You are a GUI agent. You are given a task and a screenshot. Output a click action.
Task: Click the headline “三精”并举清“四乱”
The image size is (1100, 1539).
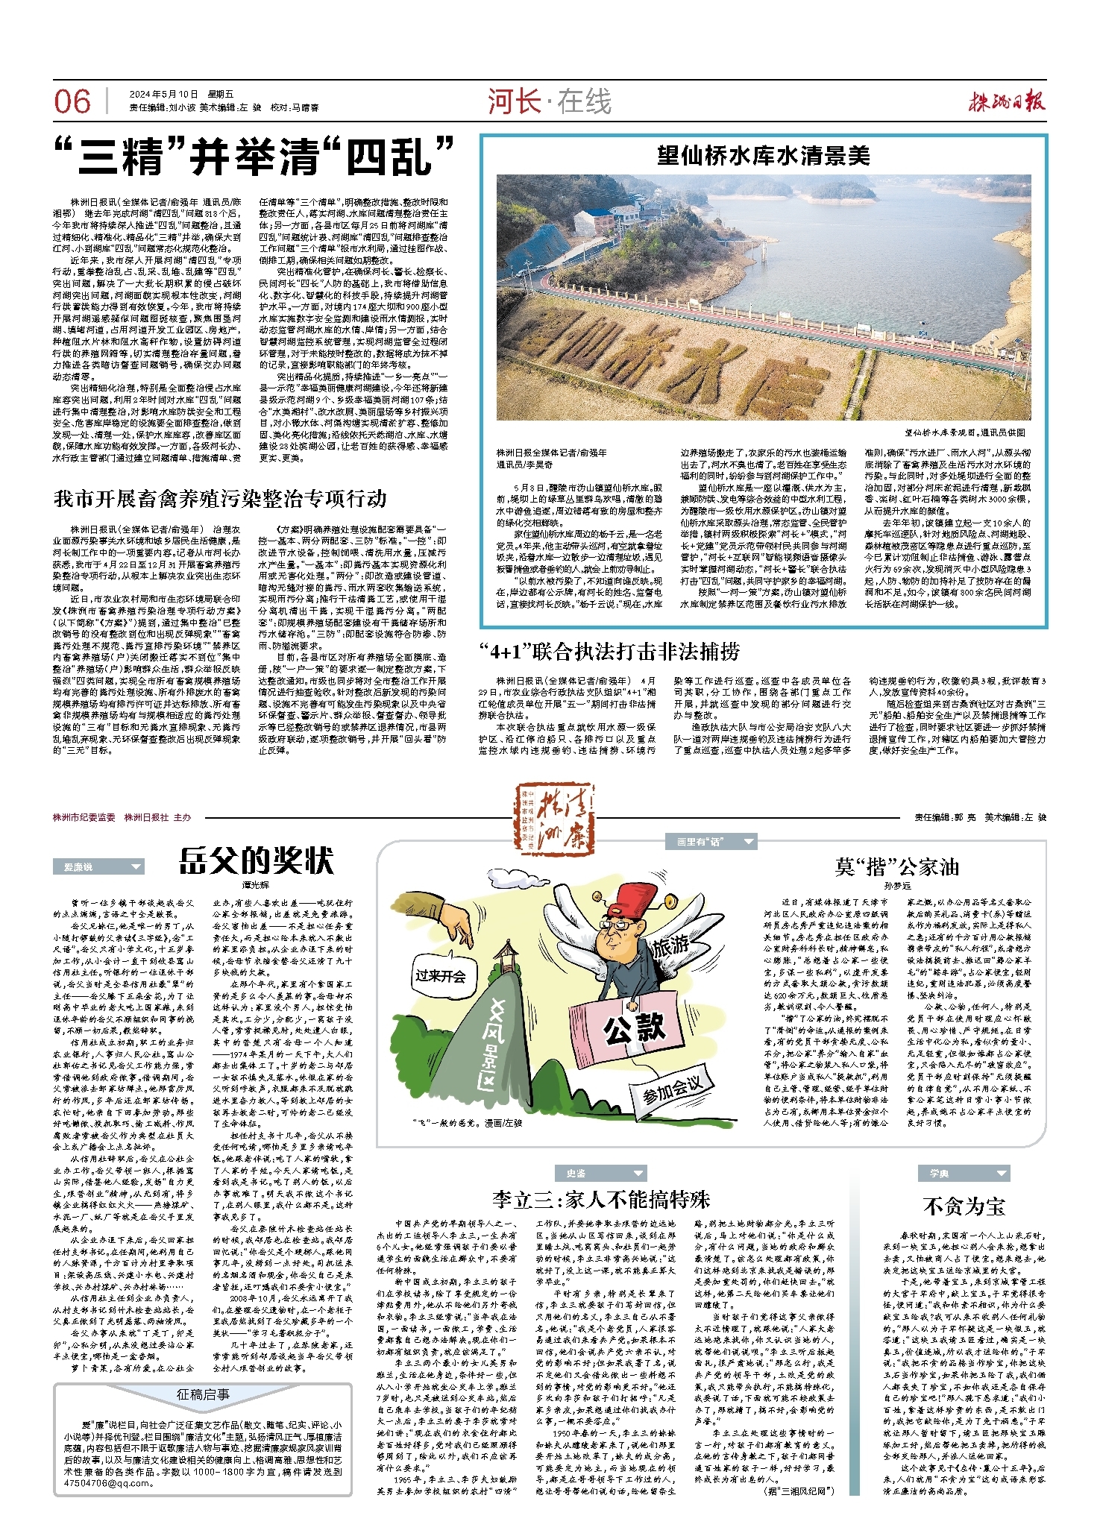[254, 157]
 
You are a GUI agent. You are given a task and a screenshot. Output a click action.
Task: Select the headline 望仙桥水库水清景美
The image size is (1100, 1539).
[763, 155]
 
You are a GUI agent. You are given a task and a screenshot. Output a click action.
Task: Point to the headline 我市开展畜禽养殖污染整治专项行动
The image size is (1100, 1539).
[220, 498]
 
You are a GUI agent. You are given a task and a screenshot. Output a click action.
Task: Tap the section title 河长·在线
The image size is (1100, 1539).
[550, 101]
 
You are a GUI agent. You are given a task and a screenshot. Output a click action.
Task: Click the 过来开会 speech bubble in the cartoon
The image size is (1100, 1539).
[441, 976]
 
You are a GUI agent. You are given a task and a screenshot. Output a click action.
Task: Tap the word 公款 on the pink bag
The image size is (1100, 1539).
[635, 1028]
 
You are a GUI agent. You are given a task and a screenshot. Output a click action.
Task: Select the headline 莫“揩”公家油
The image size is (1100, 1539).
[897, 866]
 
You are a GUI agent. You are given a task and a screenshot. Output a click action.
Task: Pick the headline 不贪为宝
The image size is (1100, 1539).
[964, 1206]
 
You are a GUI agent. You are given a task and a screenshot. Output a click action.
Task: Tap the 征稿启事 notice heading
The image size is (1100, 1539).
[203, 1394]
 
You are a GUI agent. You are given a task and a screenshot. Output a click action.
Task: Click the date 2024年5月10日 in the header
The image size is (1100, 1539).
[163, 94]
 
